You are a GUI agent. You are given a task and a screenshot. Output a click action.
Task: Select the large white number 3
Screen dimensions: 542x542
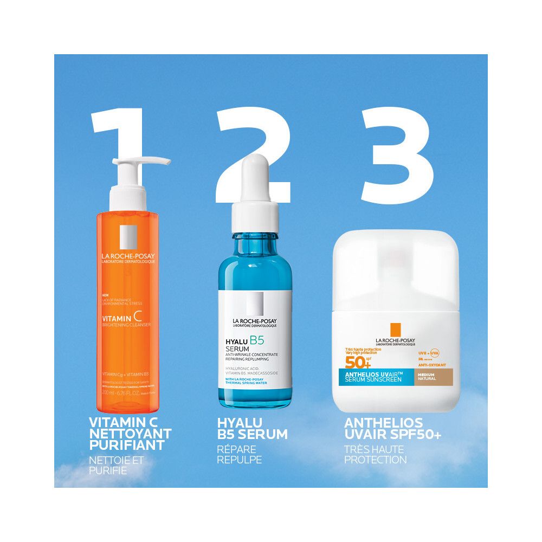[x=398, y=154]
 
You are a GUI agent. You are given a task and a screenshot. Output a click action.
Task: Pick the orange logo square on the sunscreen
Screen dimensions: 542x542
[x=395, y=330]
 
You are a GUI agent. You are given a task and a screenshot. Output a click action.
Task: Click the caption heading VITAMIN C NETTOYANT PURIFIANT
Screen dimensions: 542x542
[x=130, y=434]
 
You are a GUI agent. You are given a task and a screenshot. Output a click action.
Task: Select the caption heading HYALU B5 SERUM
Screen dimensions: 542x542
[x=252, y=429]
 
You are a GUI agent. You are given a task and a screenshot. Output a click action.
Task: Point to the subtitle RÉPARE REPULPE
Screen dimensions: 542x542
[x=240, y=454]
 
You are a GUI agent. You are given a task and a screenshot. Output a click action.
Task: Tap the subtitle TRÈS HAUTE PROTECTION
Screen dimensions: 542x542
[x=375, y=454]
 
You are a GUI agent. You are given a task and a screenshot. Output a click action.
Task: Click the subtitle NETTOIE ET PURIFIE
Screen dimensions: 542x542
[x=117, y=465]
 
